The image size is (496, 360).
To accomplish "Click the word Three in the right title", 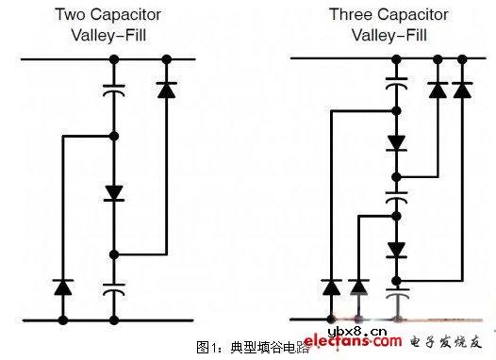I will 349,14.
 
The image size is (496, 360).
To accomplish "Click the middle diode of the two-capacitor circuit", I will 114,194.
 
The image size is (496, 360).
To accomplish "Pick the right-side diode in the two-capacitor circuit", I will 166,91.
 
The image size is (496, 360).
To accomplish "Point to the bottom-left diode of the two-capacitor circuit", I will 63,286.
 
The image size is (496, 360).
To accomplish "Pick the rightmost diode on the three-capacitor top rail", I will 462,90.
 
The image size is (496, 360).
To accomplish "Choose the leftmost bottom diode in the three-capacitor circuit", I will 331,286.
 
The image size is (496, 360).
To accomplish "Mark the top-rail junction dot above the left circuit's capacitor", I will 114,59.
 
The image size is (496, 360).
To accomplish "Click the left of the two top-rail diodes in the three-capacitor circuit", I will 438,90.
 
